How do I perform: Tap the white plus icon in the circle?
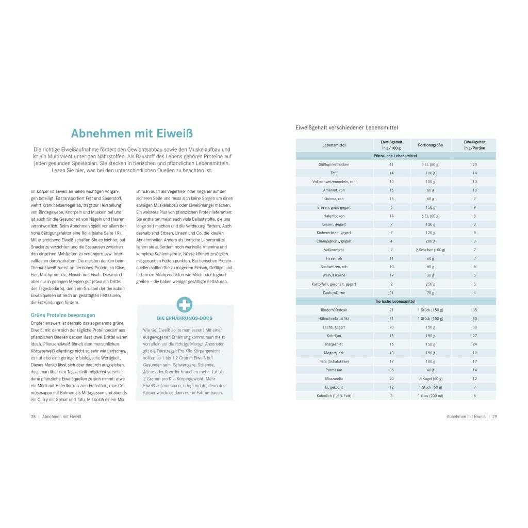point(184,305)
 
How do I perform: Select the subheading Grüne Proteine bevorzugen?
point(63,315)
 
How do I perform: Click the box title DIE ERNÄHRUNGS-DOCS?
point(184,318)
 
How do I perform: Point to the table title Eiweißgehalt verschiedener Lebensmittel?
point(346,127)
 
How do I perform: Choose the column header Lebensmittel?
point(334,145)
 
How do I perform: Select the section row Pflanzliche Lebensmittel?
point(395,156)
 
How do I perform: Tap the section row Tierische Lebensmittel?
point(395,301)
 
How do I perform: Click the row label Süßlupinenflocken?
point(334,164)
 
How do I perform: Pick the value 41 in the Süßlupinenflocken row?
point(391,164)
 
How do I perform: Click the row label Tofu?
point(334,173)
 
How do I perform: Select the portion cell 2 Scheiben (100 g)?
point(430,250)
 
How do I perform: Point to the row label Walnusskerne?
point(334,275)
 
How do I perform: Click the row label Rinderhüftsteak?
point(334,310)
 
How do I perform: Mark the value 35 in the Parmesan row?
point(391,370)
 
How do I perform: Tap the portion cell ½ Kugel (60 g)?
point(430,378)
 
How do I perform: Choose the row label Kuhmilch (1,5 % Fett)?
point(334,395)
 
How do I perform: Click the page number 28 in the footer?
point(33,416)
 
